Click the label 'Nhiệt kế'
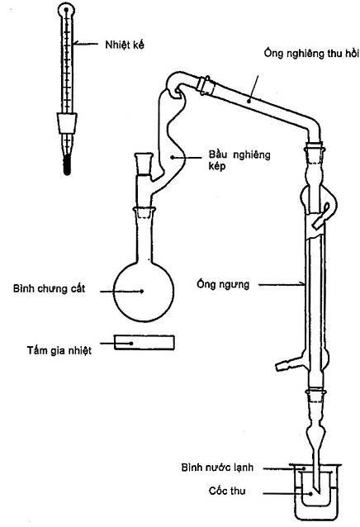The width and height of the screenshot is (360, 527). click(124, 45)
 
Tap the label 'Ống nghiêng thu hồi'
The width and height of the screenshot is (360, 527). click(311, 54)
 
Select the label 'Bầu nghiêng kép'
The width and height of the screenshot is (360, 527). click(239, 160)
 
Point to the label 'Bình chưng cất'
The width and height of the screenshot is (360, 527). click(49, 289)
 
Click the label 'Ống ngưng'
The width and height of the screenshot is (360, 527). click(223, 285)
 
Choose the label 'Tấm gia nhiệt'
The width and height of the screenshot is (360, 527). click(59, 350)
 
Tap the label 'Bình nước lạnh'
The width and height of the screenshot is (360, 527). click(217, 468)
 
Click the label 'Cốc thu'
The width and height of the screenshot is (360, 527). click(227, 491)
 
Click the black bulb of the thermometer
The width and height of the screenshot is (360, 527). click(67, 164)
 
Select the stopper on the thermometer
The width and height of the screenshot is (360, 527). click(67, 124)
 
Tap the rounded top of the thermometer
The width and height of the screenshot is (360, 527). click(66, 9)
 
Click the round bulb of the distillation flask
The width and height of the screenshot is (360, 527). click(144, 292)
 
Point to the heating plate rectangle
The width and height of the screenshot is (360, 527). click(144, 343)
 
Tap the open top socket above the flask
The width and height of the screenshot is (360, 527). click(144, 164)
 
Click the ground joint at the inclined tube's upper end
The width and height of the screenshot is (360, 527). click(206, 85)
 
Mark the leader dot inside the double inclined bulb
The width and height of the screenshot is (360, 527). click(172, 157)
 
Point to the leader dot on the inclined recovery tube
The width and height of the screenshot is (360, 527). click(249, 101)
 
